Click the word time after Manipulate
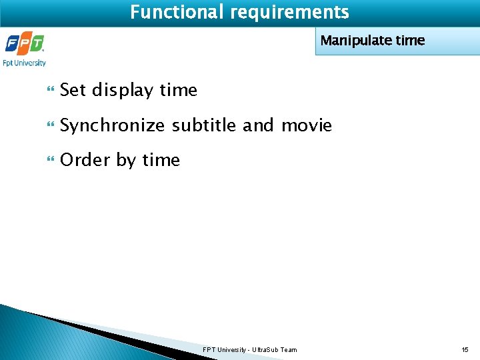(410, 41)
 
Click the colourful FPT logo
(25, 45)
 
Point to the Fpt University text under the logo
(25, 63)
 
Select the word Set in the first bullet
(73, 90)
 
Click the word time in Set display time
(179, 90)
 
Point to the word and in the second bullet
(258, 125)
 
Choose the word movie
(307, 125)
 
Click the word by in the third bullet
(126, 161)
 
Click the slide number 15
(465, 350)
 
